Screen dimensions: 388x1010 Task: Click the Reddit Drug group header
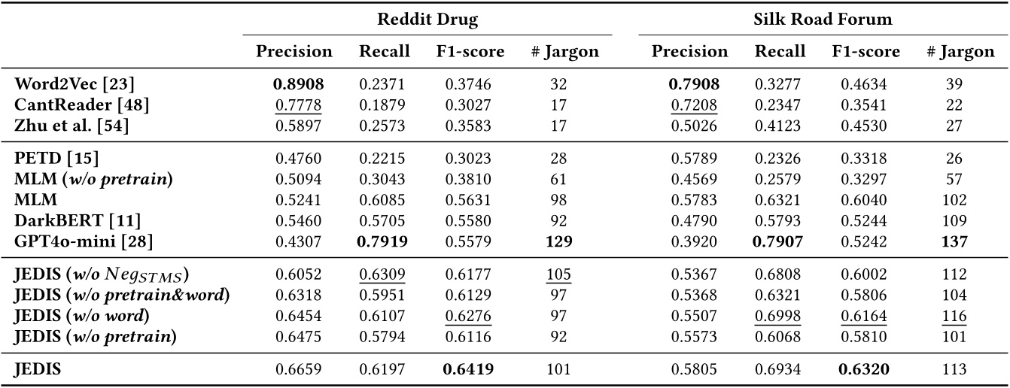[427, 20]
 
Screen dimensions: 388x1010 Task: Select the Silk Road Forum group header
[823, 20]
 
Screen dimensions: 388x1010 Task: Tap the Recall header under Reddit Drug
[384, 52]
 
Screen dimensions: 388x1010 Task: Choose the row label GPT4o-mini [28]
[86, 241]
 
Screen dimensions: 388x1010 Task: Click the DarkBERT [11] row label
[78, 220]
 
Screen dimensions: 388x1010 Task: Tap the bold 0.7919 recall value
[384, 241]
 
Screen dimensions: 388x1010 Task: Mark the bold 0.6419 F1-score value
[470, 369]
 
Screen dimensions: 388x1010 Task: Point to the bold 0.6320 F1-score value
[865, 369]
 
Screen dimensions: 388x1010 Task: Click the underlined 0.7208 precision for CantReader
[690, 105]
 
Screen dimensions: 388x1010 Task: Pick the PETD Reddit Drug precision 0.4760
[294, 159]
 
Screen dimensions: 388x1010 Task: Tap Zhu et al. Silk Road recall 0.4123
[780, 126]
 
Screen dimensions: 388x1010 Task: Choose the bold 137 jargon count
[954, 241]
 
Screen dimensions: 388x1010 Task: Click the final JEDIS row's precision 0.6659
[294, 369]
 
